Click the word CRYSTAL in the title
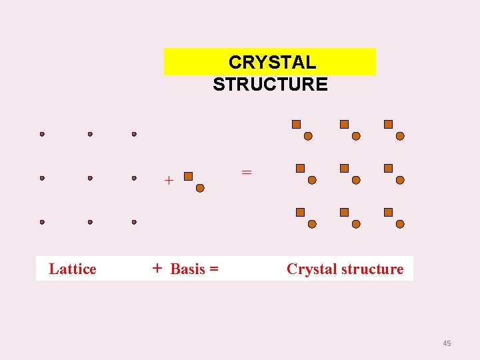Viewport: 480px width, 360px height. pyautogui.click(x=272, y=62)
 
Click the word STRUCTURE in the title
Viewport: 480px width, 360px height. pyautogui.click(x=270, y=84)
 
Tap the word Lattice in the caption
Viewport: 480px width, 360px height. pyautogui.click(x=73, y=269)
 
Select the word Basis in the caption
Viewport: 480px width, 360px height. pyautogui.click(x=188, y=269)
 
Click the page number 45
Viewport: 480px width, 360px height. pyautogui.click(x=447, y=343)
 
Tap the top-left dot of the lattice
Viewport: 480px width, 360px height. pyautogui.click(x=42, y=134)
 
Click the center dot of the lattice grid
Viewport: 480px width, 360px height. pyautogui.click(x=90, y=178)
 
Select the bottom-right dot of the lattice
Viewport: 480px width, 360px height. pyautogui.click(x=134, y=222)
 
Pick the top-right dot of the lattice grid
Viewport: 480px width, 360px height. pyautogui.click(x=134, y=134)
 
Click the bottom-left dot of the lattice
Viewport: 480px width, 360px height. pyautogui.click(x=42, y=222)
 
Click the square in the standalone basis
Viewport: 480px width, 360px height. pyautogui.click(x=188, y=176)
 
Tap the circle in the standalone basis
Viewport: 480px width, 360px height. pyautogui.click(x=200, y=188)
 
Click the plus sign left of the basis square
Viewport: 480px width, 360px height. pyautogui.click(x=169, y=180)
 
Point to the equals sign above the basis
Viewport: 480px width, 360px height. pyautogui.click(x=247, y=172)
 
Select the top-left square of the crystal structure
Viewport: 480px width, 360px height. pyautogui.click(x=297, y=124)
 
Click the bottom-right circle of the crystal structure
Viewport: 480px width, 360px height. pyautogui.click(x=400, y=224)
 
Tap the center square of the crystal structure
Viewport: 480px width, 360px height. pyautogui.click(x=344, y=169)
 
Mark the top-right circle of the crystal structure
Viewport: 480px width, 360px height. pyautogui.click(x=400, y=136)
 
